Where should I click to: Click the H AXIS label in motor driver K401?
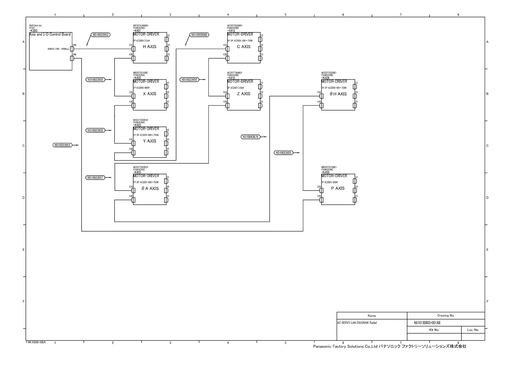click(150, 47)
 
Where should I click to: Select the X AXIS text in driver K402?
click(150, 94)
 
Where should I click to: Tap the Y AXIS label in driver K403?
click(150, 141)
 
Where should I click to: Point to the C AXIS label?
click(244, 47)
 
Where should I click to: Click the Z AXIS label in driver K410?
click(244, 94)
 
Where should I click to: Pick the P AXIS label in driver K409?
click(338, 188)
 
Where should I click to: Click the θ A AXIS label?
click(150, 188)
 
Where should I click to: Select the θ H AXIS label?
click(338, 94)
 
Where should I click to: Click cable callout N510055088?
click(199, 35)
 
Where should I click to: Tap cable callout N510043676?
click(250, 137)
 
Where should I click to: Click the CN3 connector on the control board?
click(72, 49)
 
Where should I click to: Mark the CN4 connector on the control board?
click(72, 58)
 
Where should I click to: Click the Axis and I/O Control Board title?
click(50, 34)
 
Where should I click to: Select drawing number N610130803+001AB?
click(427, 323)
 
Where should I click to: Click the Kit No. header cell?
click(434, 330)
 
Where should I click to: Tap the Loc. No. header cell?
click(473, 330)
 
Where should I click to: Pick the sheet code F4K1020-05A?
click(36, 342)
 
